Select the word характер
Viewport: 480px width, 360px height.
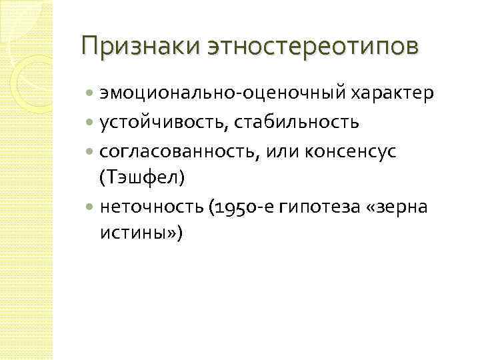382,94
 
